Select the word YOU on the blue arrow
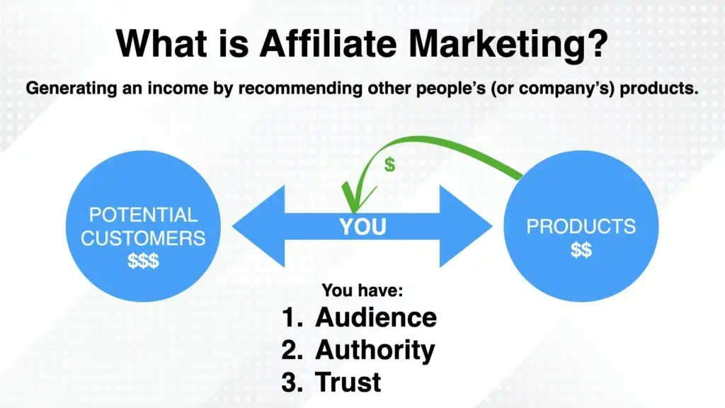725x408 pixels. click(362, 227)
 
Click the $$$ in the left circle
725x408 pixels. click(144, 260)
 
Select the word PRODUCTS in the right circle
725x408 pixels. click(581, 227)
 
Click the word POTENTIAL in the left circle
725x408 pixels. click(144, 215)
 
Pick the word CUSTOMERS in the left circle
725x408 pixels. click(144, 237)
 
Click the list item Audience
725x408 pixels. click(375, 317)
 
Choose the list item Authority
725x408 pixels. click(375, 349)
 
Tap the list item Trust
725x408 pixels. click(348, 382)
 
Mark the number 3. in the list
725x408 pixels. click(292, 382)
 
